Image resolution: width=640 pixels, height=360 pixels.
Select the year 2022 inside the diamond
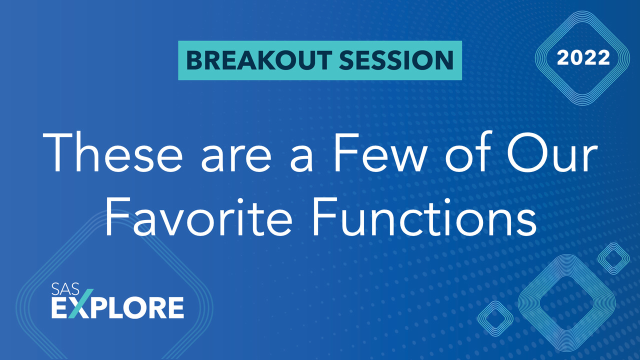(583, 58)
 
